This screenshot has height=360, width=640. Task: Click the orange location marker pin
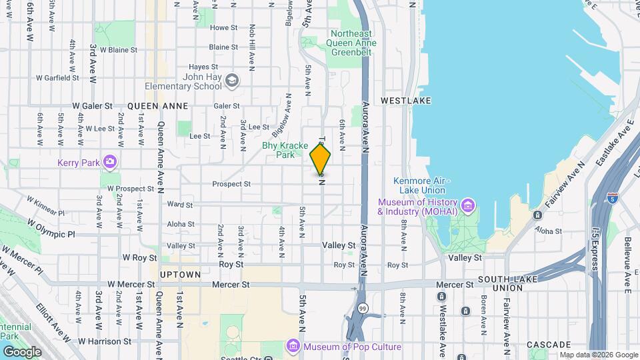coord(320,160)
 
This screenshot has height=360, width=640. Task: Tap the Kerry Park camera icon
coord(109,162)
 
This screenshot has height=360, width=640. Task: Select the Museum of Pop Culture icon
coord(293,346)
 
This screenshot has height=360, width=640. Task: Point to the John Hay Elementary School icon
coord(231,81)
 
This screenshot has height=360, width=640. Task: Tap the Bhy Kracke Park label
coord(286,149)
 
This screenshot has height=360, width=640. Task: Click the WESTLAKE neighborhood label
coord(406,101)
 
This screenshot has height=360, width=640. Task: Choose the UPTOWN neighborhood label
coord(180,275)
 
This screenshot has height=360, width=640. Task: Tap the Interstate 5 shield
coord(613,198)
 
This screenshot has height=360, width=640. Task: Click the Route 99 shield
coord(361,309)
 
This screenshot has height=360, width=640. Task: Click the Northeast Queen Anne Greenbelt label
coord(353,38)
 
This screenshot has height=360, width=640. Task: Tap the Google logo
coord(22,351)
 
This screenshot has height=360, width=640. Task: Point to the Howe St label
coord(223,28)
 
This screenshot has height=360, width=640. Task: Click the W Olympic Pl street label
coord(52,235)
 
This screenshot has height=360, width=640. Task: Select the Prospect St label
coord(231,184)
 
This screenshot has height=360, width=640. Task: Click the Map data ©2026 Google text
coord(598,355)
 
